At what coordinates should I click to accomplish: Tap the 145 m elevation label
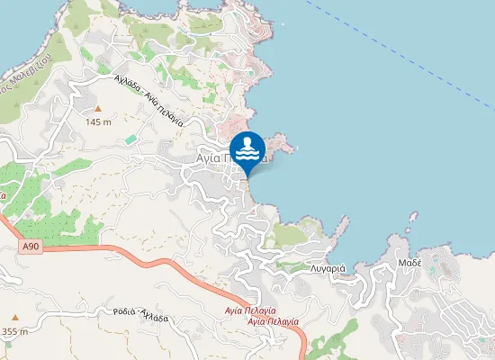98,121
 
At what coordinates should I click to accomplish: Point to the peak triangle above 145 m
98,109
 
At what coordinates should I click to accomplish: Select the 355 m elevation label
14,331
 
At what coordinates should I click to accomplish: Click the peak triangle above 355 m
14,318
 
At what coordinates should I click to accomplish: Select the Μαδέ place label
410,263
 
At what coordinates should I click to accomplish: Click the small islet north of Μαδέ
413,216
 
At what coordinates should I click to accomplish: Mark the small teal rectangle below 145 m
130,138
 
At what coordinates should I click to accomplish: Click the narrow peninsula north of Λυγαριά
341,225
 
